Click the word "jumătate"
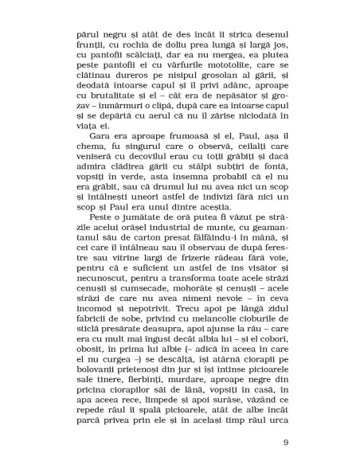click(144, 248)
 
